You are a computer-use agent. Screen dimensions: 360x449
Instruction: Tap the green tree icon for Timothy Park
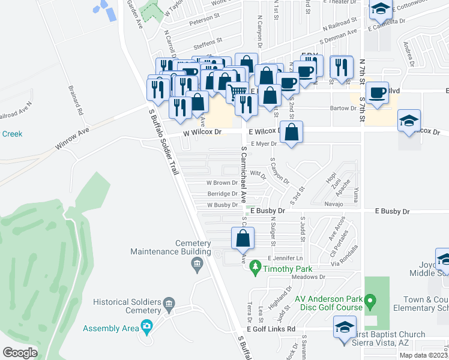256,265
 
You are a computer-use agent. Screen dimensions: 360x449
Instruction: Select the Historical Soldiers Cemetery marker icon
169,305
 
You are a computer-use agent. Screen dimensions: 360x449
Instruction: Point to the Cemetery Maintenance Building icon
196,264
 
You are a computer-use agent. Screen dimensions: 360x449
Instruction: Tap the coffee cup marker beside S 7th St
377,94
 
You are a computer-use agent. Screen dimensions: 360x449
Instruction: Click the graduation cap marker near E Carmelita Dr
380,10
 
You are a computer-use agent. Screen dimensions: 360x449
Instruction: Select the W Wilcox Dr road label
202,131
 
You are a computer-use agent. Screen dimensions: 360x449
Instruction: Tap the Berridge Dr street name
222,194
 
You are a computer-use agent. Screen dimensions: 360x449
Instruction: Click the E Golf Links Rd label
271,329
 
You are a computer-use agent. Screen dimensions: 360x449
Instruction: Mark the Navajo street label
334,204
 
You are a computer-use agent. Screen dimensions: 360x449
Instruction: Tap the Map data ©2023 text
423,355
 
